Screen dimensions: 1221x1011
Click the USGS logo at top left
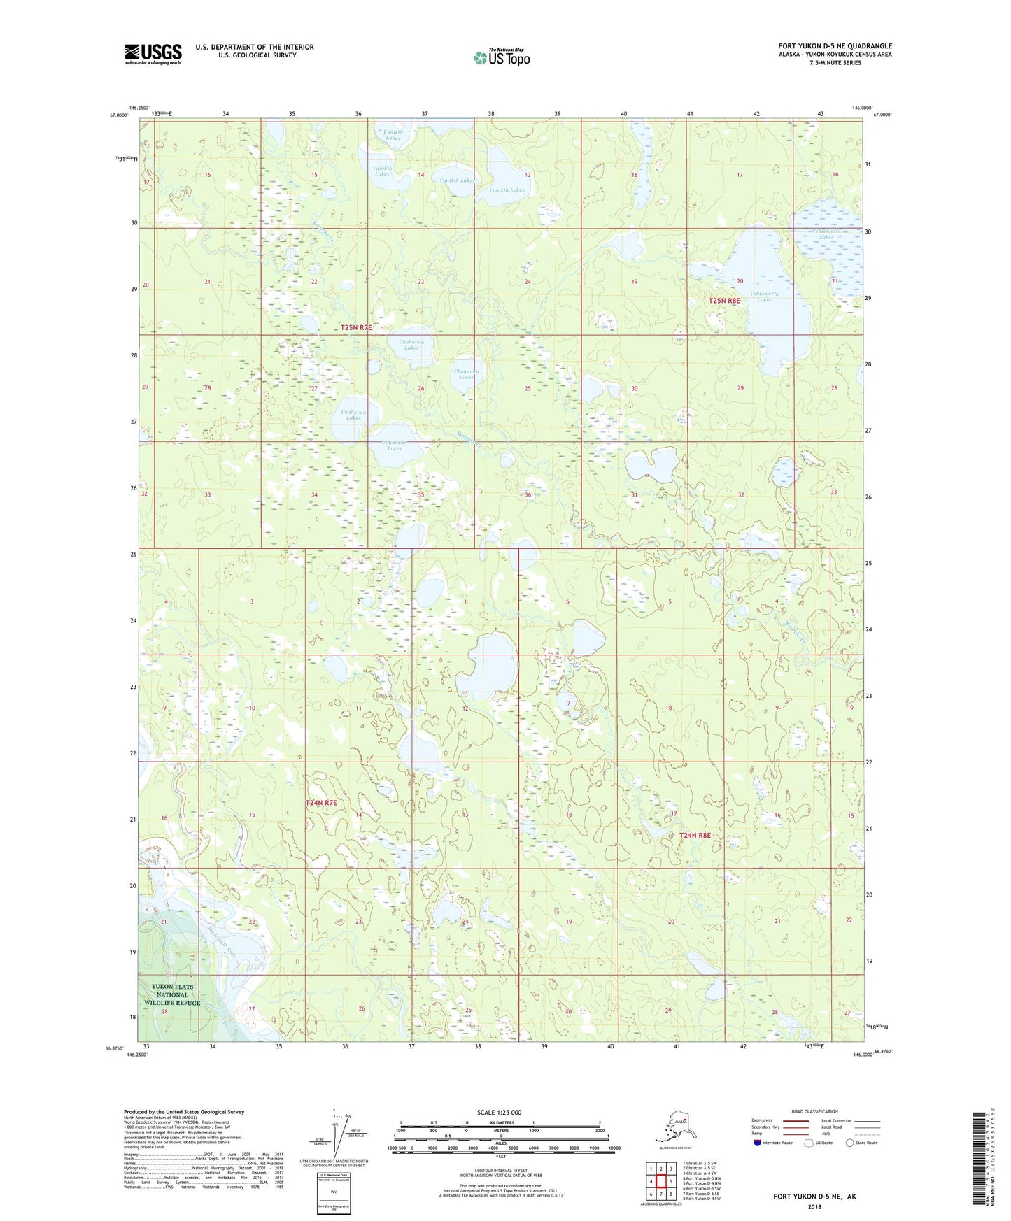153,54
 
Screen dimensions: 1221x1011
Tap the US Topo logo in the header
502,57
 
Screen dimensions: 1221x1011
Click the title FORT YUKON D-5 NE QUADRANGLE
835,46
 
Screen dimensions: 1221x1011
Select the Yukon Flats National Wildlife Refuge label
172,994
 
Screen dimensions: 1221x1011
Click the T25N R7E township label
356,327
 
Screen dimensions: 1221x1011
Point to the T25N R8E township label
724,301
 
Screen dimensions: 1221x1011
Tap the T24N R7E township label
321,803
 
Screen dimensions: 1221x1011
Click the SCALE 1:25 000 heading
499,1112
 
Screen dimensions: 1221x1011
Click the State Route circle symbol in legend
849,1143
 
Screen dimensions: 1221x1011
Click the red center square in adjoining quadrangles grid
660,1181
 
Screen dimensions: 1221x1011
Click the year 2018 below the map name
814,1207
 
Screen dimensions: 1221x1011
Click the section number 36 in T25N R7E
528,495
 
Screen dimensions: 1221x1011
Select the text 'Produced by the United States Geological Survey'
184,1111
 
